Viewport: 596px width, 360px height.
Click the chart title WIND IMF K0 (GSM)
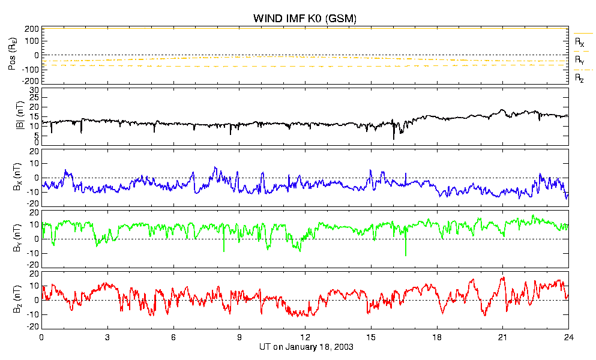304,18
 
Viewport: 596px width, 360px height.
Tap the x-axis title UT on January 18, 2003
306,347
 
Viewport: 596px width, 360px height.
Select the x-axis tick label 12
305,337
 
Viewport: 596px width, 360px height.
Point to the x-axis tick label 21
502,337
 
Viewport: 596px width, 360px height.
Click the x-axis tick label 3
107,337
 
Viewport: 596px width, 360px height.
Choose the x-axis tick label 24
568,337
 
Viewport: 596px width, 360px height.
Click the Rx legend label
579,42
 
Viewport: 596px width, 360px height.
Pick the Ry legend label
579,60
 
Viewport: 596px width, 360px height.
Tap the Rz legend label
579,79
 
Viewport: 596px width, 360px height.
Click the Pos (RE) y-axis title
12,56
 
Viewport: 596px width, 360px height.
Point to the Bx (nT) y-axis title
17,177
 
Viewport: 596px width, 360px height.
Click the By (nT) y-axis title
17,238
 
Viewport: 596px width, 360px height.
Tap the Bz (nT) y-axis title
17,299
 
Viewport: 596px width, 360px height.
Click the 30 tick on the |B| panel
34,91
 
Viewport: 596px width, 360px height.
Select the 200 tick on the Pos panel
32,29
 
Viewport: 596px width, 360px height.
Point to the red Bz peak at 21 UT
504,278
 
